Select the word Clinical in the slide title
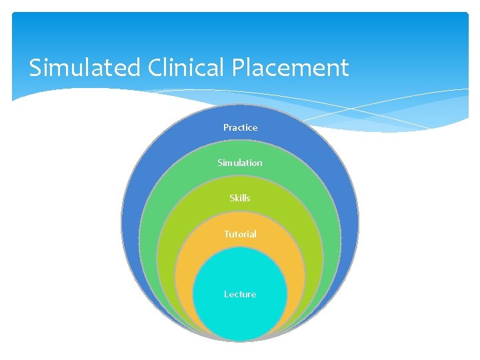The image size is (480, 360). tap(177, 68)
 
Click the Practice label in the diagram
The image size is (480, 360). tap(240, 127)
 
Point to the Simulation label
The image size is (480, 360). tap(240, 163)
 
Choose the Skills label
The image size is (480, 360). tap(240, 198)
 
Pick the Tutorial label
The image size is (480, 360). tap(240, 234)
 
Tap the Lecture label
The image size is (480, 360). tap(240, 294)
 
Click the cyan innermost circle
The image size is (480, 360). tap(240, 313)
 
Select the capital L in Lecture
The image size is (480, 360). tap(227, 294)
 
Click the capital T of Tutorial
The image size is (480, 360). tap(226, 234)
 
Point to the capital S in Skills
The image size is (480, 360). tap(231, 198)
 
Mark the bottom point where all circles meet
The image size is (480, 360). tap(240, 339)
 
